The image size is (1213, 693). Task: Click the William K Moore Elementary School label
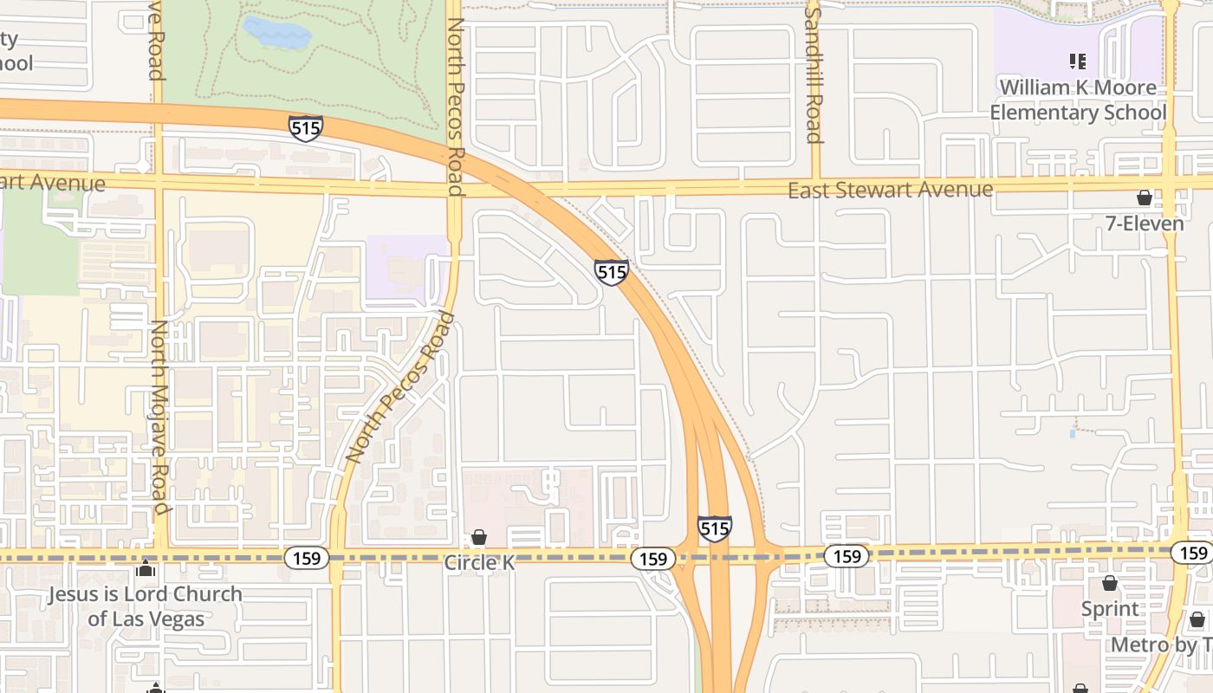click(x=1078, y=100)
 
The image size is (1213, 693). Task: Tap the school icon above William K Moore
click(x=1078, y=61)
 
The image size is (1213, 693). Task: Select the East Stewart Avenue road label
click(x=890, y=190)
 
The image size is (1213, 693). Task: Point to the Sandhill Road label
click(x=813, y=71)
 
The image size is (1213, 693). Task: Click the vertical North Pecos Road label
click(x=456, y=107)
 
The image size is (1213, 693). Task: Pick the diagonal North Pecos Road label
click(x=399, y=387)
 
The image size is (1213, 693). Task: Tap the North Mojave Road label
click(x=160, y=416)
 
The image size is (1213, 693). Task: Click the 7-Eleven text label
click(x=1144, y=223)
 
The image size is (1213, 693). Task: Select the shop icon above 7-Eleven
click(x=1145, y=198)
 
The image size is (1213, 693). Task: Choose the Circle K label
click(x=479, y=562)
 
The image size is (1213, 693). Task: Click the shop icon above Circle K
click(x=479, y=537)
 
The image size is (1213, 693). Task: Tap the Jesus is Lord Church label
click(x=145, y=606)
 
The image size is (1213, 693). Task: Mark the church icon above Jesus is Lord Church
click(x=145, y=570)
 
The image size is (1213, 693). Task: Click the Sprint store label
click(x=1110, y=609)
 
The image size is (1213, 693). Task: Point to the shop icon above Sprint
click(x=1110, y=583)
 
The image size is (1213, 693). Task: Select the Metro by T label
click(x=1161, y=645)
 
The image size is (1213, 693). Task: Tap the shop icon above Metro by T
click(x=1197, y=619)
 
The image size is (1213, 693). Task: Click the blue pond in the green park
click(x=276, y=33)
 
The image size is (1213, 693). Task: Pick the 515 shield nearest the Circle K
click(x=714, y=528)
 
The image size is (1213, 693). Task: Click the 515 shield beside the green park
click(x=306, y=128)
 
